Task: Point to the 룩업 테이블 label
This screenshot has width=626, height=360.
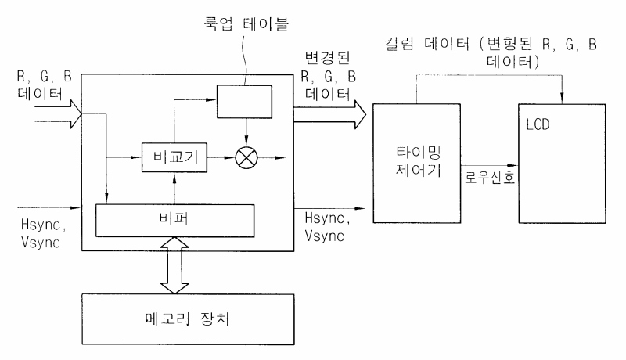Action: click(x=246, y=23)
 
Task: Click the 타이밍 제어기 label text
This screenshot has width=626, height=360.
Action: click(x=419, y=161)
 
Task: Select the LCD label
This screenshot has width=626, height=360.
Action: click(x=538, y=124)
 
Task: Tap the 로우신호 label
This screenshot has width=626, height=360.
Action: click(x=490, y=177)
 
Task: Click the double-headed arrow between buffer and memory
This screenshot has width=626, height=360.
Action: click(x=174, y=265)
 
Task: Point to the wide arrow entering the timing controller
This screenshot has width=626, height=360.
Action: click(x=329, y=114)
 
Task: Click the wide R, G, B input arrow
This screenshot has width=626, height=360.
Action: click(x=58, y=114)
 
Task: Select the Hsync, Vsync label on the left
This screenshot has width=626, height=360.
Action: click(x=43, y=233)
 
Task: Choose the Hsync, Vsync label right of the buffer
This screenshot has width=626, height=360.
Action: click(x=327, y=227)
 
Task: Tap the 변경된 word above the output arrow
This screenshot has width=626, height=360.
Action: click(x=327, y=58)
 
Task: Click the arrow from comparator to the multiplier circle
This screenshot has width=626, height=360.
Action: click(x=221, y=157)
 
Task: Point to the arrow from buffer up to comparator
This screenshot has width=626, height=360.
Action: click(x=174, y=189)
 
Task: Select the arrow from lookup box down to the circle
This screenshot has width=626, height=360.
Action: click(x=246, y=132)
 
